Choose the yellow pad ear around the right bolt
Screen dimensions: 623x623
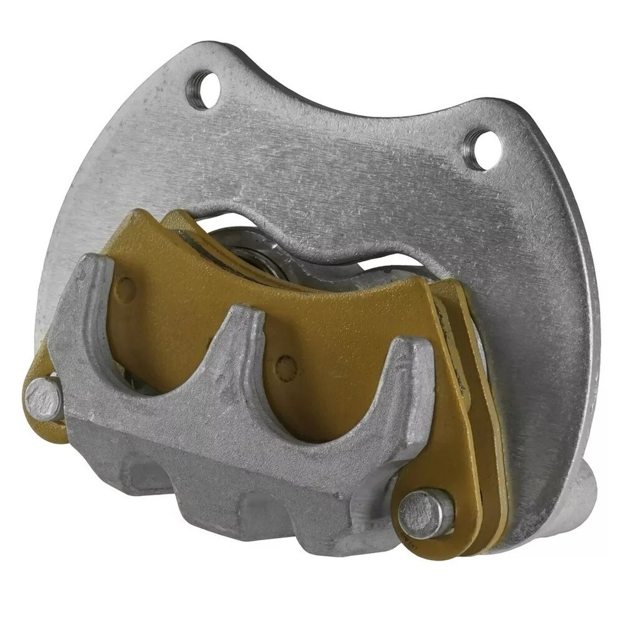pyautogui.click(x=454, y=519)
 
